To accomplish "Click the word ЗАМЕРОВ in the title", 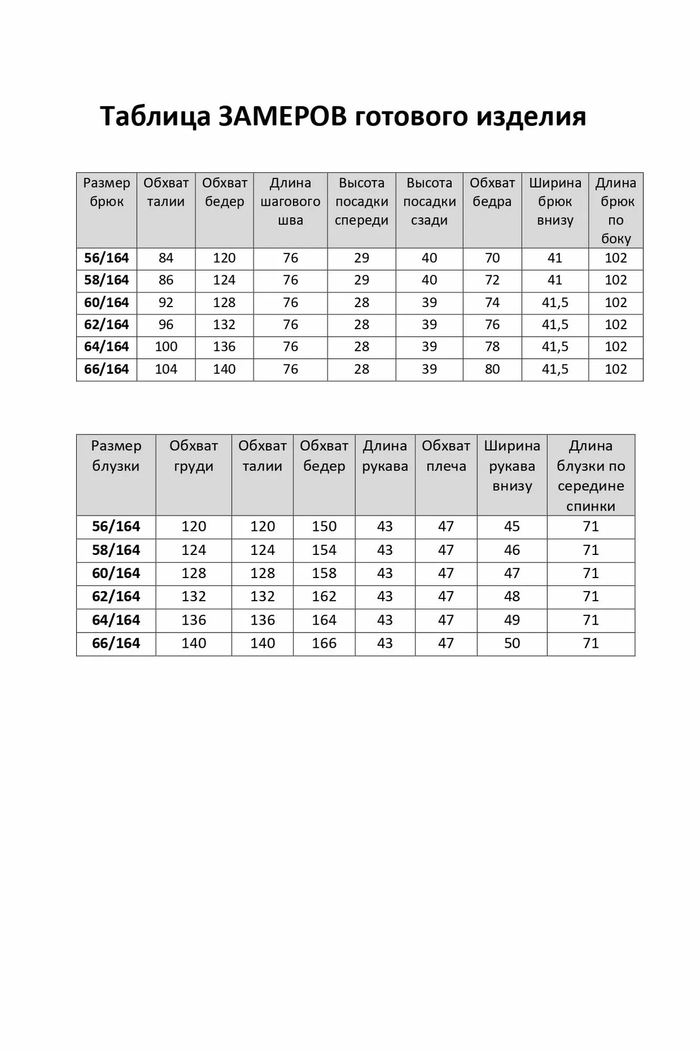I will (282, 116).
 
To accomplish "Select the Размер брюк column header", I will (107, 192).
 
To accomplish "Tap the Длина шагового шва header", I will (290, 202).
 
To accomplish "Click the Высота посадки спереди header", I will (361, 202).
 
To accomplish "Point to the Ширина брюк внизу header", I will (555, 202).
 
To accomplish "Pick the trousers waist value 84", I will (166, 258).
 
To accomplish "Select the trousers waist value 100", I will (166, 347).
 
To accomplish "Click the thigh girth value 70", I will (492, 258).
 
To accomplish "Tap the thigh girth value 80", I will (492, 370).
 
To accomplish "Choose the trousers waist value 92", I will (166, 303).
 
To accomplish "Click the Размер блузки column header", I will (116, 456).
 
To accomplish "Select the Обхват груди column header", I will (193, 456).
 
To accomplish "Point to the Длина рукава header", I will (385, 456).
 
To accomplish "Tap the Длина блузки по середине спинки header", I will (591, 476).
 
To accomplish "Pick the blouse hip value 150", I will (324, 527).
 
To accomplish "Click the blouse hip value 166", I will (324, 644).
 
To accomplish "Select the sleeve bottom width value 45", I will (512, 527).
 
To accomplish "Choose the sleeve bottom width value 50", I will (512, 644).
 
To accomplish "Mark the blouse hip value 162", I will (324, 597).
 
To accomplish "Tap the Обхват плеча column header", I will (446, 456).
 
